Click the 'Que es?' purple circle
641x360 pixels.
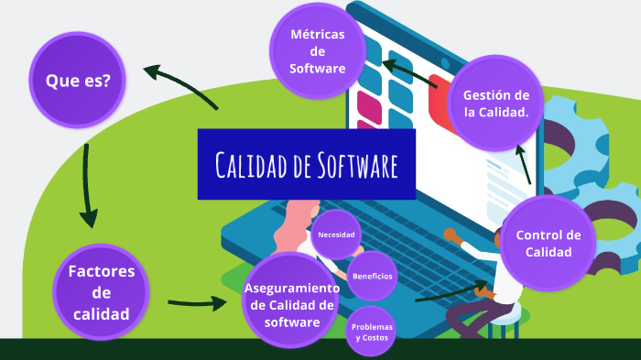(x=78, y=81)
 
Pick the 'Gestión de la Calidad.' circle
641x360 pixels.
(x=495, y=104)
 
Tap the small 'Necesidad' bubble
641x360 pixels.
(x=336, y=235)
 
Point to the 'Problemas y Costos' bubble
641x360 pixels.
(x=373, y=332)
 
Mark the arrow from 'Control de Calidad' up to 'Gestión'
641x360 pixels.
(x=524, y=165)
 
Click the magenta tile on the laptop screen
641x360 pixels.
(x=368, y=107)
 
